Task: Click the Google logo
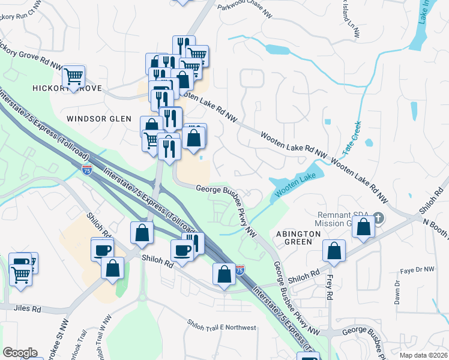coord(20,353)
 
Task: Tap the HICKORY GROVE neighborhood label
coord(66,88)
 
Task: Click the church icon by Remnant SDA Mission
coord(378,217)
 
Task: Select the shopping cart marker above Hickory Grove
coord(74,77)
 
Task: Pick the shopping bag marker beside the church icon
coord(364,227)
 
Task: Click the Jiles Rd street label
coord(28,310)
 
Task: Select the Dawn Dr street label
coord(396,292)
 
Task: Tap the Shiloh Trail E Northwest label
coord(221,328)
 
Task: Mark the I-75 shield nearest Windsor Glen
coord(87,170)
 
